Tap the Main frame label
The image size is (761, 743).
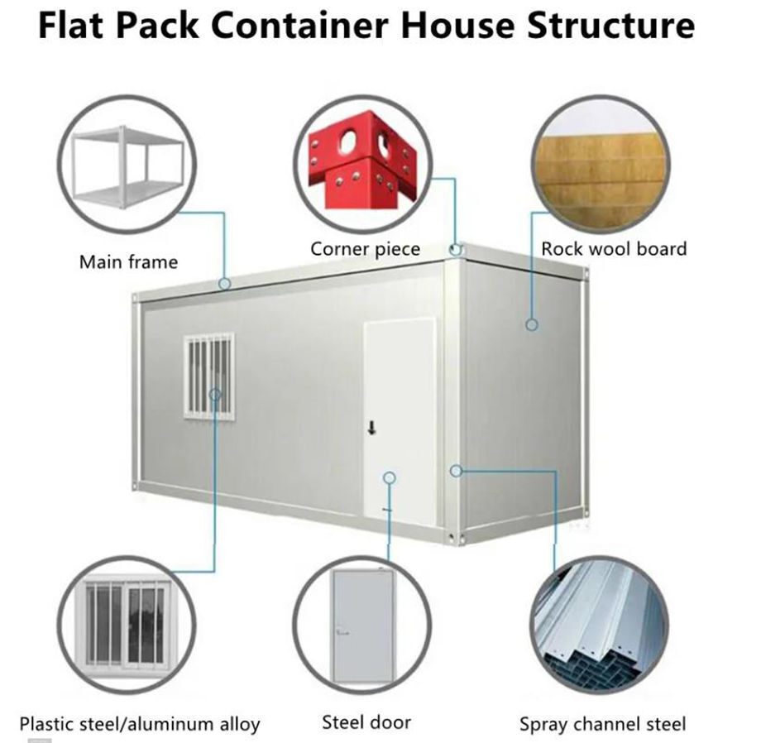point(128,262)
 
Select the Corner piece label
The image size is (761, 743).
point(365,248)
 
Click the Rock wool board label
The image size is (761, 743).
point(614,248)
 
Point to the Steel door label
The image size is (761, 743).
point(366,721)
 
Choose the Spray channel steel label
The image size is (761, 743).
point(602,724)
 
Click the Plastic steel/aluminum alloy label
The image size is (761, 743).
point(140,724)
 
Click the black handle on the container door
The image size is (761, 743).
point(372,427)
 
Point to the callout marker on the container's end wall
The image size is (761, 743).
point(532,324)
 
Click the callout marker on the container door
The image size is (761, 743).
point(390,477)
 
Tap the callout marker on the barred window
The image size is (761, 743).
point(215,394)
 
